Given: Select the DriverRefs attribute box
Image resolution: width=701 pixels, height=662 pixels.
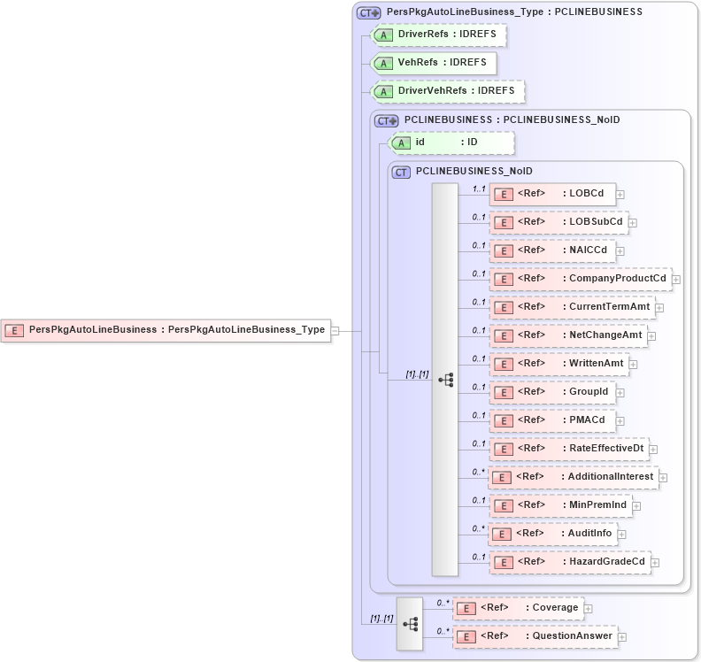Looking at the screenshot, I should click(x=439, y=35).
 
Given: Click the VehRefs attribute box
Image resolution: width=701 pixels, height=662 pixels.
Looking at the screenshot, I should click(x=433, y=63).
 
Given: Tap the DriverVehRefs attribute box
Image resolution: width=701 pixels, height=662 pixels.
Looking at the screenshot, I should click(x=448, y=91).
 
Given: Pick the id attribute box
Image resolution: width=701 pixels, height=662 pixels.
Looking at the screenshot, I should click(x=451, y=142).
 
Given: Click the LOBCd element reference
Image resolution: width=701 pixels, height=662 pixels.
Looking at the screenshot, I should click(x=552, y=194).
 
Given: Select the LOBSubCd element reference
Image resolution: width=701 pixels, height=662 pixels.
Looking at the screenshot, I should click(x=558, y=222).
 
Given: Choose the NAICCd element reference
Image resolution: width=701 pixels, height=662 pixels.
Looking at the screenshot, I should click(x=554, y=250).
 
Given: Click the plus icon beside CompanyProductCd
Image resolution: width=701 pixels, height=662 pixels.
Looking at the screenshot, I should click(x=676, y=279).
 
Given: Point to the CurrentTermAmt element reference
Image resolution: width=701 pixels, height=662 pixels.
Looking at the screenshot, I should click(x=573, y=307).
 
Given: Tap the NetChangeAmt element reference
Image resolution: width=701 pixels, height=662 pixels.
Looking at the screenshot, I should click(x=568, y=335).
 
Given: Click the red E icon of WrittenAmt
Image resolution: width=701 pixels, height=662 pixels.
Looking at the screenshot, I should click(x=503, y=364).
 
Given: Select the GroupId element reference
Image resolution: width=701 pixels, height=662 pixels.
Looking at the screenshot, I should click(x=553, y=392).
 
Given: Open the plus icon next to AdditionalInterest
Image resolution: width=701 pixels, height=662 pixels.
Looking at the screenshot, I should click(x=663, y=477).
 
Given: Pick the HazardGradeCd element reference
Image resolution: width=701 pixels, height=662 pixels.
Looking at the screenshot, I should click(x=570, y=562).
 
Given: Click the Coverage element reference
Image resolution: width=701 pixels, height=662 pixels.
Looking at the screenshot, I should click(x=518, y=608).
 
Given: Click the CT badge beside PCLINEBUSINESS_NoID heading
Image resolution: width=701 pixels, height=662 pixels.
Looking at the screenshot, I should click(x=401, y=172).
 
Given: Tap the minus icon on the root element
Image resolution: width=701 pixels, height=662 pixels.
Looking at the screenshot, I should click(x=335, y=330).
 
